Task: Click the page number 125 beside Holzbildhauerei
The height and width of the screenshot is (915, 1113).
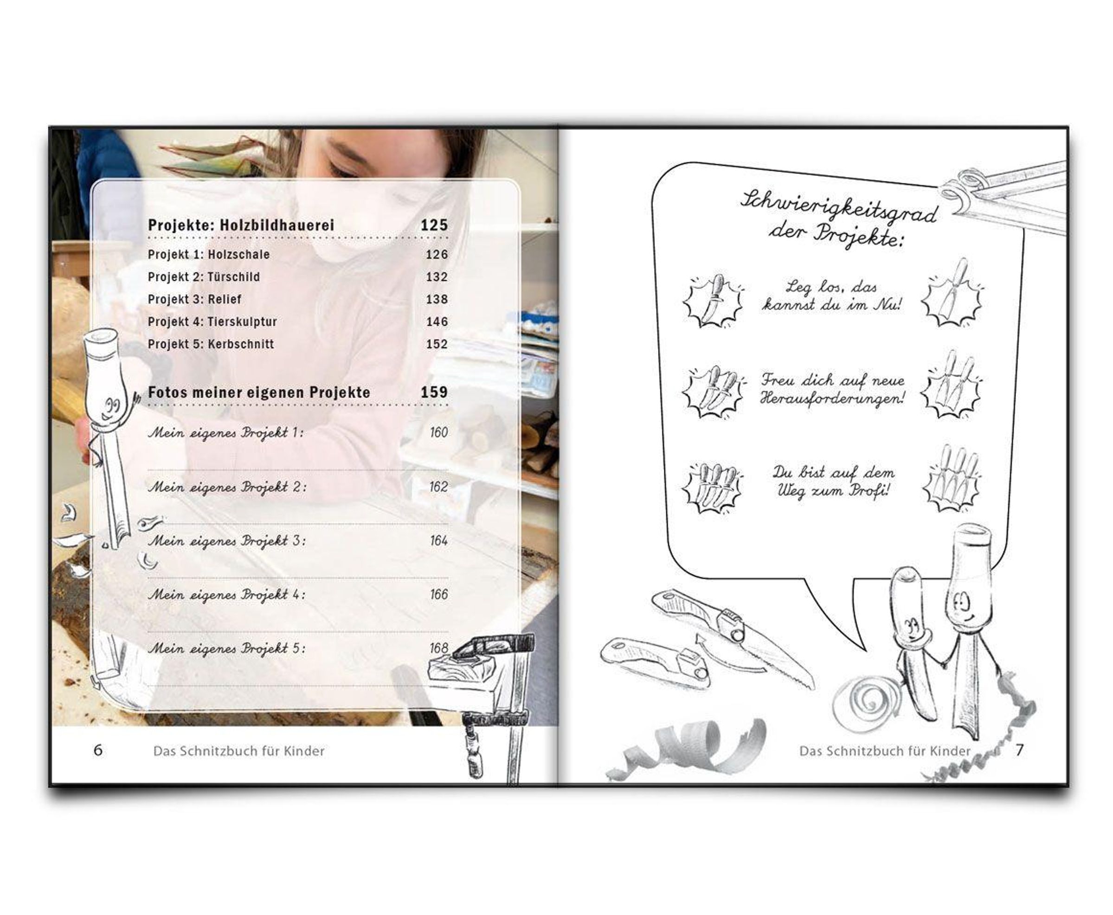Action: [434, 225]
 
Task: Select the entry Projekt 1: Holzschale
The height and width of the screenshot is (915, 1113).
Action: [209, 254]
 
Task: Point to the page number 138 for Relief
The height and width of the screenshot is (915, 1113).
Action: [437, 299]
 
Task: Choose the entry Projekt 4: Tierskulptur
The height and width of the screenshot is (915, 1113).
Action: [212, 322]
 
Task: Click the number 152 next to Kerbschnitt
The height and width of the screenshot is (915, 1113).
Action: [437, 344]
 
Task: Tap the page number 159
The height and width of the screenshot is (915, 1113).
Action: [434, 392]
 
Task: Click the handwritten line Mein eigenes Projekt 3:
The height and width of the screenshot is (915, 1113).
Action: [226, 541]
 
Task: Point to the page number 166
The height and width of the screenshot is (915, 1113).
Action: [438, 594]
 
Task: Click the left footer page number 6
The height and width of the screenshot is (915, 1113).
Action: [98, 751]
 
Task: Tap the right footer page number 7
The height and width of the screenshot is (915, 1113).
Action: [1019, 751]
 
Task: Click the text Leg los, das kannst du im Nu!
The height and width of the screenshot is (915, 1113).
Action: [831, 296]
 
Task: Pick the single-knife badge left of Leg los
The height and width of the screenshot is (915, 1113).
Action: [713, 301]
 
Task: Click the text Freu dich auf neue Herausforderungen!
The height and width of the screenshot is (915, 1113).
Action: [833, 389]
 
